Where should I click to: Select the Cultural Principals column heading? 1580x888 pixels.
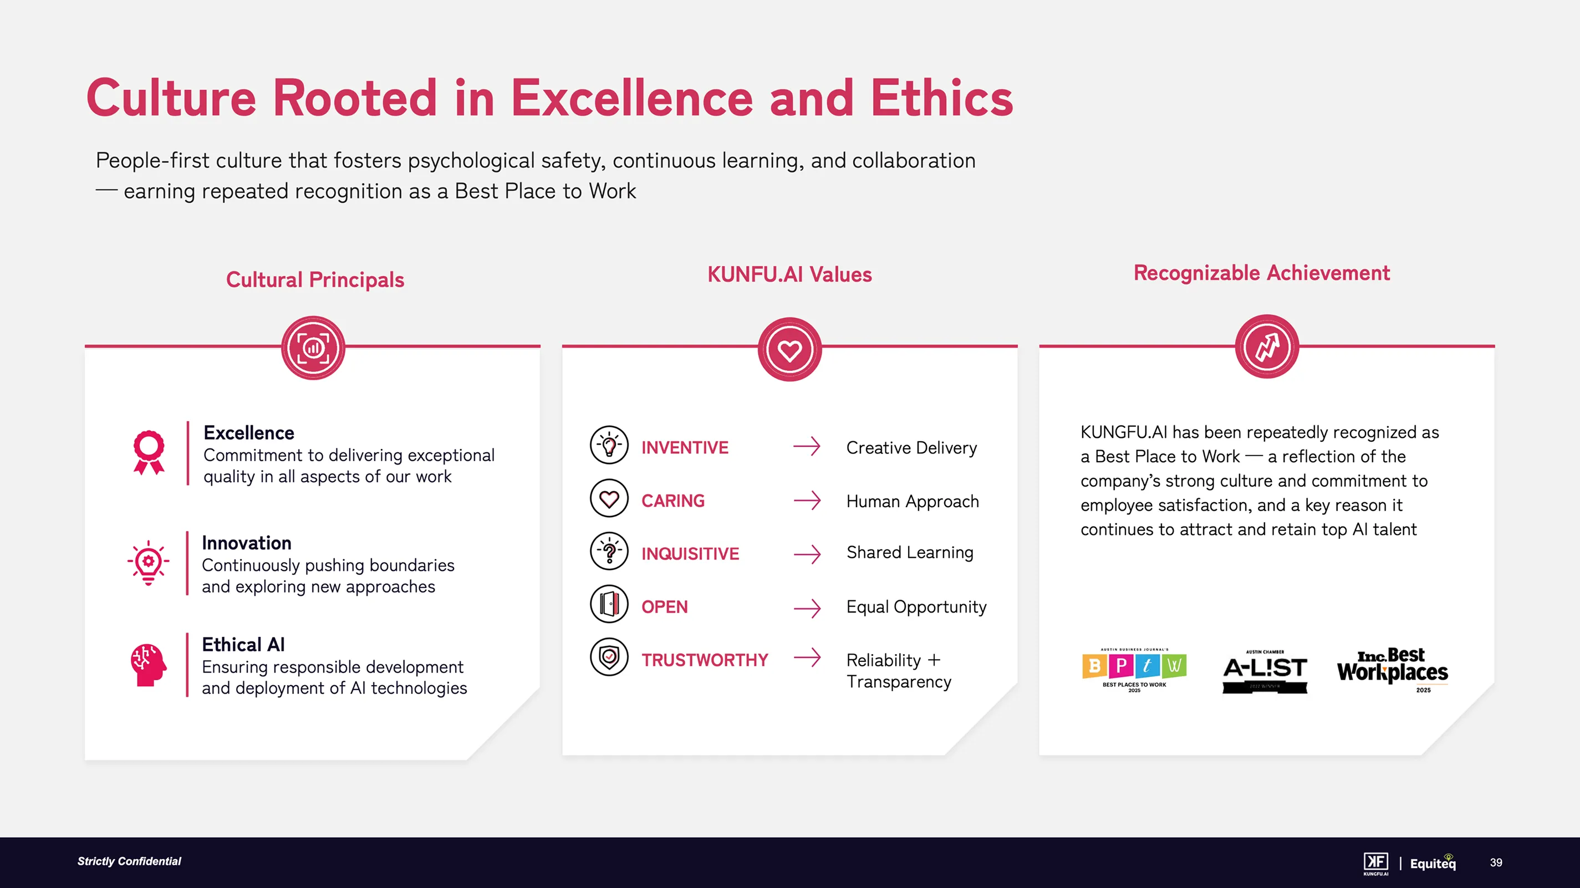click(x=315, y=279)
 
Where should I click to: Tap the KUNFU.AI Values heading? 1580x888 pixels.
click(x=789, y=274)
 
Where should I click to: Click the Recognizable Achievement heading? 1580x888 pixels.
click(x=1261, y=273)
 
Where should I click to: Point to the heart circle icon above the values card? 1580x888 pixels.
click(x=789, y=350)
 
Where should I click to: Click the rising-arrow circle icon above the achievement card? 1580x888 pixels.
click(x=1267, y=347)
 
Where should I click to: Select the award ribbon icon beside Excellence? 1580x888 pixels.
click(x=149, y=452)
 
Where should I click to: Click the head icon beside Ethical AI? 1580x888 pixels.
click(x=148, y=665)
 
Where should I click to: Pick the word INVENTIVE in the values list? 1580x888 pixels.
click(x=685, y=448)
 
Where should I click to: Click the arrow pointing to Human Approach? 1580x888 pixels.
click(x=807, y=501)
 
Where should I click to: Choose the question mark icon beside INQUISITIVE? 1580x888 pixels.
click(x=609, y=551)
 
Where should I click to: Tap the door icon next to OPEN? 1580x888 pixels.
click(x=609, y=604)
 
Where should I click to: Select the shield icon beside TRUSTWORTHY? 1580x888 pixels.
click(x=609, y=657)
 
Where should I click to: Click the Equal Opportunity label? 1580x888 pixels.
click(x=916, y=606)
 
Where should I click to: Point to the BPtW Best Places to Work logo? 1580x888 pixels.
click(x=1134, y=670)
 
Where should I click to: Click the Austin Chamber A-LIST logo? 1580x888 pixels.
click(x=1265, y=671)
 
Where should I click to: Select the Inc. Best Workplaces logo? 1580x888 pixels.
click(x=1392, y=670)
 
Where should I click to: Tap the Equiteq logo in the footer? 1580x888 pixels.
click(x=1432, y=863)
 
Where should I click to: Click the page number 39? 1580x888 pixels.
click(x=1496, y=863)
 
